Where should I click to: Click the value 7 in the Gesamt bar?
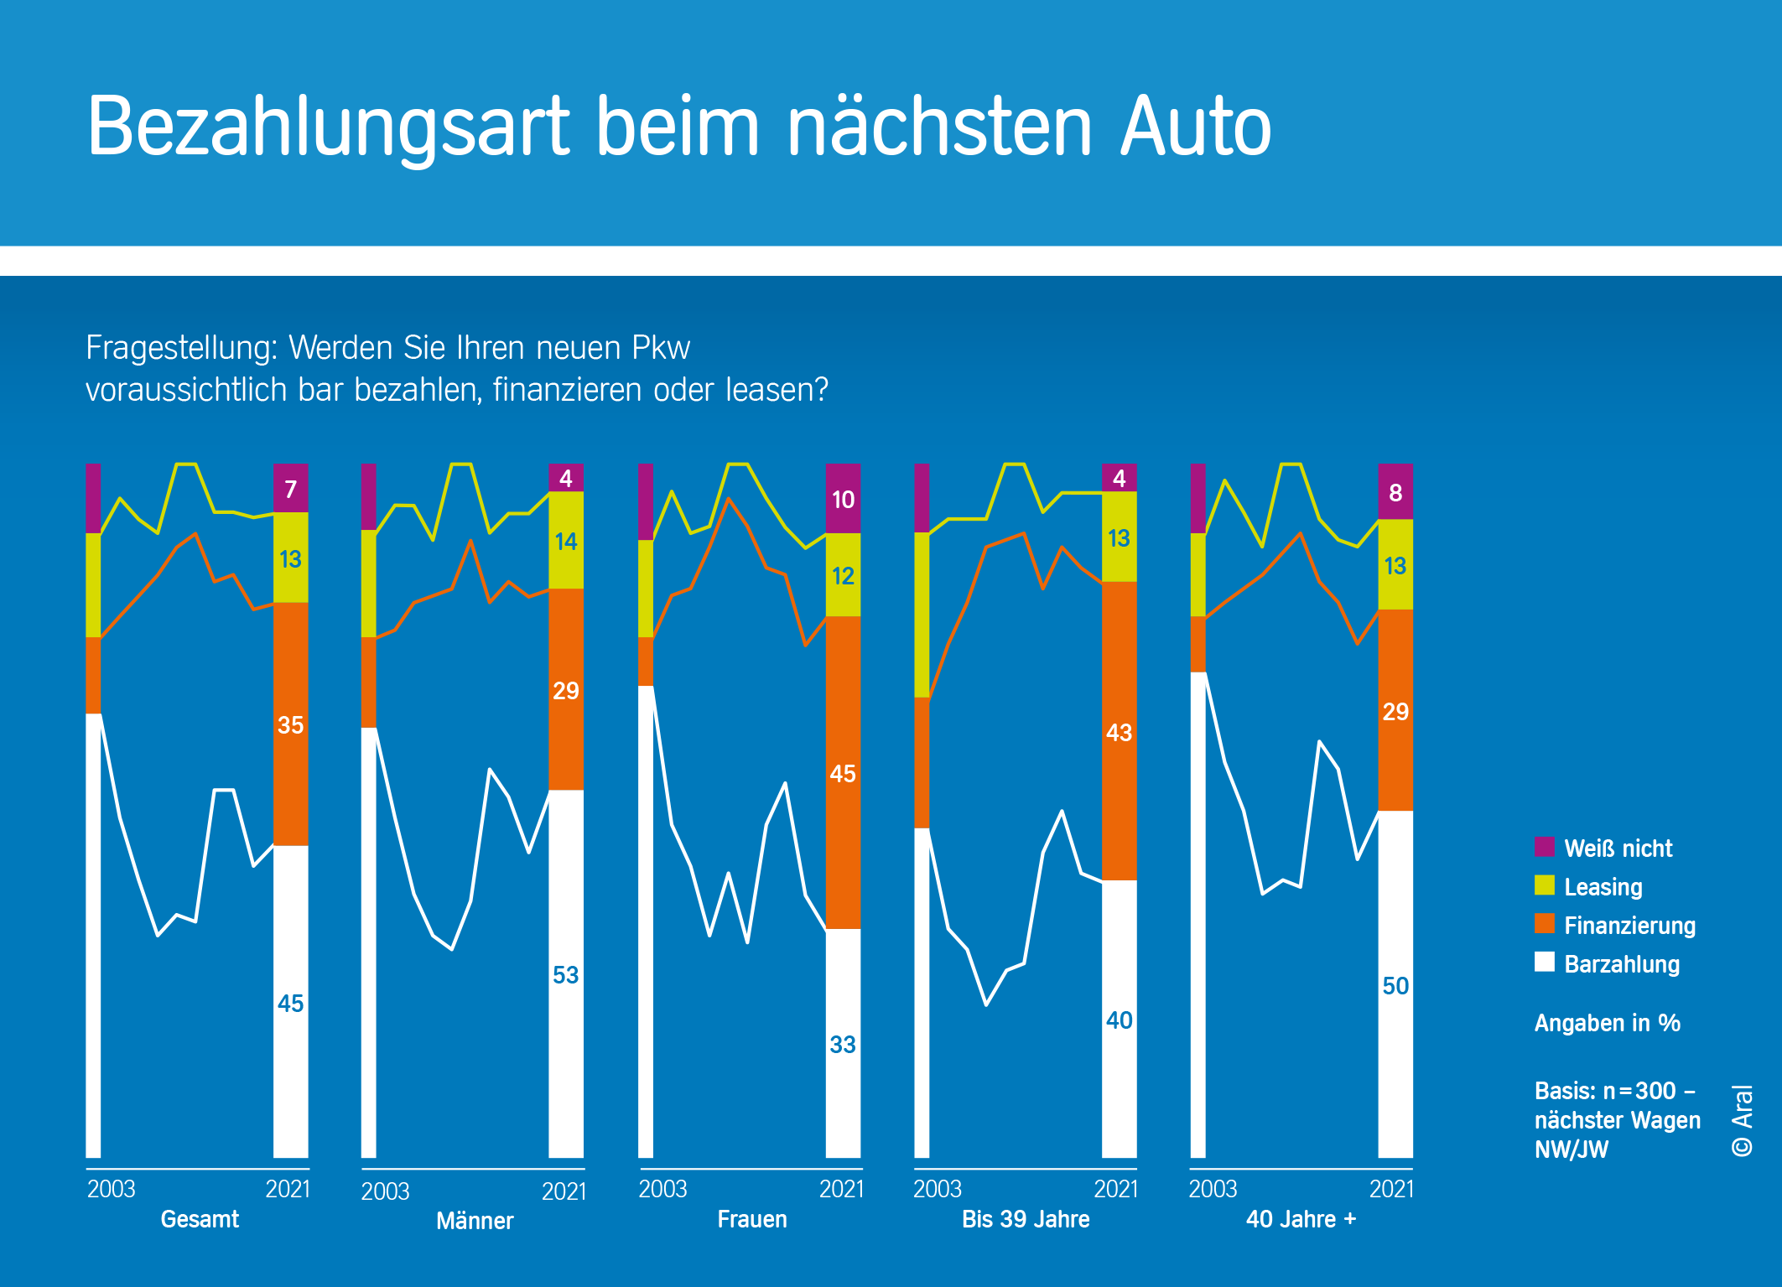coord(291,489)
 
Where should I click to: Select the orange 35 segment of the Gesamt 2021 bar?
coord(291,724)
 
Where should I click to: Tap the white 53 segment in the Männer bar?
coord(566,974)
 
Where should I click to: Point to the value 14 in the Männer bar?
coord(566,542)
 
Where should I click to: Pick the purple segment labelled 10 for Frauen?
coord(843,500)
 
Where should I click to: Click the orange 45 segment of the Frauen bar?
coord(843,773)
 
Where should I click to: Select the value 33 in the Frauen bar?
coord(843,1044)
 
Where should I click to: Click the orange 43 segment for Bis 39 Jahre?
coord(1119,732)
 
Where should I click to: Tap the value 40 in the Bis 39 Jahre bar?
coord(1119,1020)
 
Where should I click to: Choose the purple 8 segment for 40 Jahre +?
coord(1395,492)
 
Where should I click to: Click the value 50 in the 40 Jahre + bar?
coord(1395,985)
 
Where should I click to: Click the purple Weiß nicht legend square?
coord(1544,847)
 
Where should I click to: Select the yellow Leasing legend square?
coord(1544,885)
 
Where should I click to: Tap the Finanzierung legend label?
coord(1629,925)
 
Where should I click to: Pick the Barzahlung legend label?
coord(1622,963)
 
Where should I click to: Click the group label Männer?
coord(475,1220)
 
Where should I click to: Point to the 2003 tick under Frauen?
coord(662,1189)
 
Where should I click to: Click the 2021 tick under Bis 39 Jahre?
coord(1115,1189)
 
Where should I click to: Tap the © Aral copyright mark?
coord(1742,1120)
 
